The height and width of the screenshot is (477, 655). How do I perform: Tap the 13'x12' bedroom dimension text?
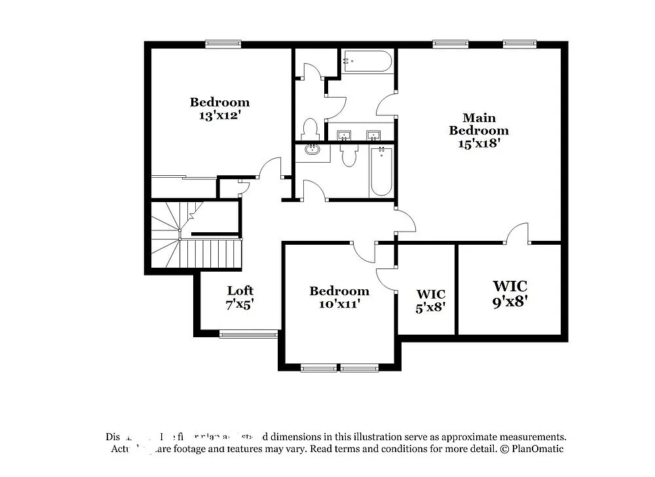219,115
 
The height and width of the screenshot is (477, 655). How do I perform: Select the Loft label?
240,291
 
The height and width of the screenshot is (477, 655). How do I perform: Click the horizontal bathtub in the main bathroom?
367,62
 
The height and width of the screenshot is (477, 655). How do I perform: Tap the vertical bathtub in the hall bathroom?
381,171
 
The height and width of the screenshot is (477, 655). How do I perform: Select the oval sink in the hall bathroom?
313,152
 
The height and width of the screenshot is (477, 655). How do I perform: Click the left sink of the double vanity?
344,135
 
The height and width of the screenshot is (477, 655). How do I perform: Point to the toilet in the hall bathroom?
349,155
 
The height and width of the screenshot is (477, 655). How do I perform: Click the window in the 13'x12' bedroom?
223,45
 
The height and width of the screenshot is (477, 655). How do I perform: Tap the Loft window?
248,334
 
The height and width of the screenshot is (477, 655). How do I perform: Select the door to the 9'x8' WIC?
518,233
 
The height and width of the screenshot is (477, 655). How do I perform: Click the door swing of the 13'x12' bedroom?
270,168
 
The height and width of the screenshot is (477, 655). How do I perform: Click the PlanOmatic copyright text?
531,449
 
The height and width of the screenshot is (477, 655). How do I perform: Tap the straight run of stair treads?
210,253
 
